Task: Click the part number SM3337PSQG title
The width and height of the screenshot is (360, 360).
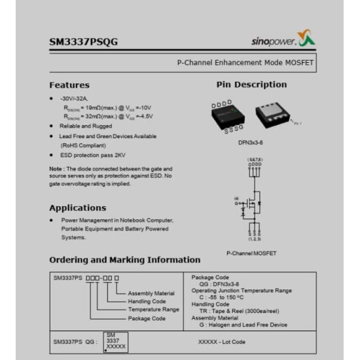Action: [x=83, y=43]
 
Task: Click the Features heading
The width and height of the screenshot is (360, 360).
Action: [x=69, y=85]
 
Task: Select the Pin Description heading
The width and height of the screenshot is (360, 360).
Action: [x=251, y=84]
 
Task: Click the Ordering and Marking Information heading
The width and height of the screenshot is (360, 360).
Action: [x=124, y=260]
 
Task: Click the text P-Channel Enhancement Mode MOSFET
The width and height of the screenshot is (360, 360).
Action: [x=245, y=63]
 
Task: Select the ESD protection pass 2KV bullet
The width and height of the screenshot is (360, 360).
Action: [x=92, y=155]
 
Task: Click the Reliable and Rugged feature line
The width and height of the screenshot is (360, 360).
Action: [x=86, y=126]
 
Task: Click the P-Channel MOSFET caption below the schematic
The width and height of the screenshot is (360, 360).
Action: [x=251, y=253]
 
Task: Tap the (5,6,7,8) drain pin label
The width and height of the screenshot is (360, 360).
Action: [x=254, y=159]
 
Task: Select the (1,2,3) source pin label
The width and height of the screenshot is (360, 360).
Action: [x=254, y=239]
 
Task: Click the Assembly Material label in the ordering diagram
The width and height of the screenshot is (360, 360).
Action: [x=151, y=293]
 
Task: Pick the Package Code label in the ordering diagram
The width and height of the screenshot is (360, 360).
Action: [x=147, y=319]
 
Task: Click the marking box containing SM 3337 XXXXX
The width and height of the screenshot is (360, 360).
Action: [x=115, y=342]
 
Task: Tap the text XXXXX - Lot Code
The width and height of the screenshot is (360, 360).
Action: [x=221, y=342]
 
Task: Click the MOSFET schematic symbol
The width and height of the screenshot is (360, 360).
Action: [x=253, y=203]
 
